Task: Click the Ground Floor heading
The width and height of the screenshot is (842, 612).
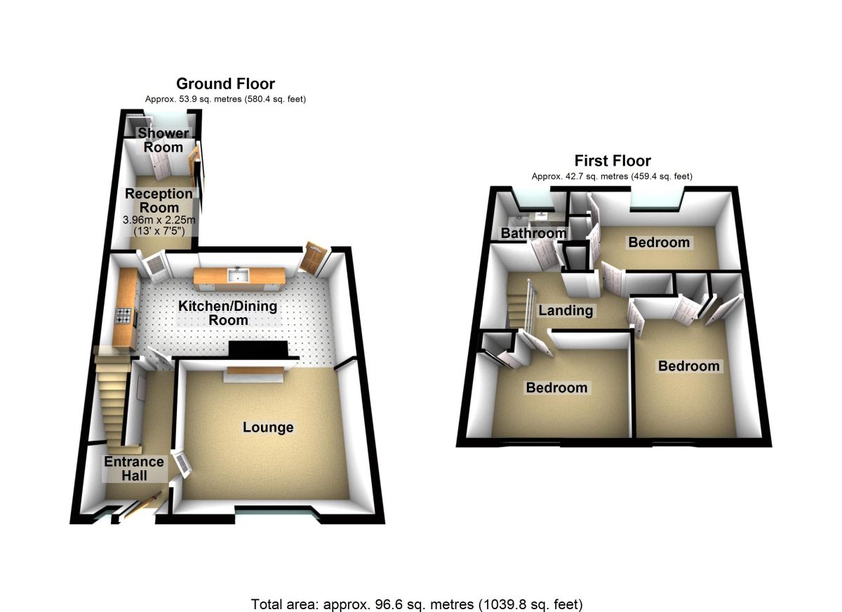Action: click(x=225, y=84)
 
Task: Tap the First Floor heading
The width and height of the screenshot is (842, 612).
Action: click(x=613, y=161)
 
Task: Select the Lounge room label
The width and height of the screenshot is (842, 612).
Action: click(x=268, y=427)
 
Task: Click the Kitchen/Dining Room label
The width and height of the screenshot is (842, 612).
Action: click(x=227, y=313)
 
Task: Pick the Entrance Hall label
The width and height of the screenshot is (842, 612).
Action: click(x=134, y=468)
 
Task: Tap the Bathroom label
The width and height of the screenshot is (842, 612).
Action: click(x=533, y=233)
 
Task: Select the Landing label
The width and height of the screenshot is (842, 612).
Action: click(x=566, y=310)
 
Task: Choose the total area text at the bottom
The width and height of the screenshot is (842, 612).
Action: click(x=417, y=604)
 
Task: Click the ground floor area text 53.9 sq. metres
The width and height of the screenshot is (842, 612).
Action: click(x=225, y=100)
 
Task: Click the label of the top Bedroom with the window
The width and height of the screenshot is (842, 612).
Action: click(x=659, y=243)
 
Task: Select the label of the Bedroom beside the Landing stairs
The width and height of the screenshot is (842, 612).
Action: click(x=556, y=387)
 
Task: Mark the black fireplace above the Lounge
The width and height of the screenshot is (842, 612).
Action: click(x=258, y=350)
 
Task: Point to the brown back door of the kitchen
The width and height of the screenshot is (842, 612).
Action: click(x=310, y=258)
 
